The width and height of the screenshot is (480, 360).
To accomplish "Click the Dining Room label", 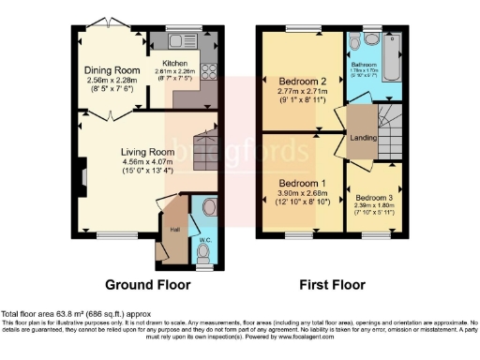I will point(114,69).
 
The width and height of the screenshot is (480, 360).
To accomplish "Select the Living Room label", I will point(148,151).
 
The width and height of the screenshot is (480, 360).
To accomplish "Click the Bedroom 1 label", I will point(302,183).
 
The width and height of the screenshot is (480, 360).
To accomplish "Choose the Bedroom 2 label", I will point(302,81).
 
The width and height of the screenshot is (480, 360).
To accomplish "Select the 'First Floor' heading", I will point(325,284).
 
